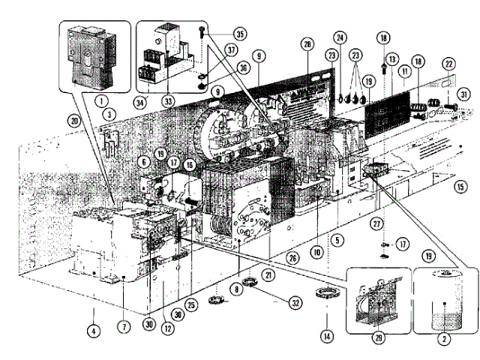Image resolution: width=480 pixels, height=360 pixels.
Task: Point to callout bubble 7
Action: click(x=124, y=327)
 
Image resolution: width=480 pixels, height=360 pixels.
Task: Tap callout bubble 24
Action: click(x=340, y=37)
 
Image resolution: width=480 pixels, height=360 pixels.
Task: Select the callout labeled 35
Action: click(x=239, y=34)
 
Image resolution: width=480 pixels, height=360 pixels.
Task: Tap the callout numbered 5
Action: click(x=339, y=241)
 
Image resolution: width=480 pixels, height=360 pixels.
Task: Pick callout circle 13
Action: click(x=391, y=58)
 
